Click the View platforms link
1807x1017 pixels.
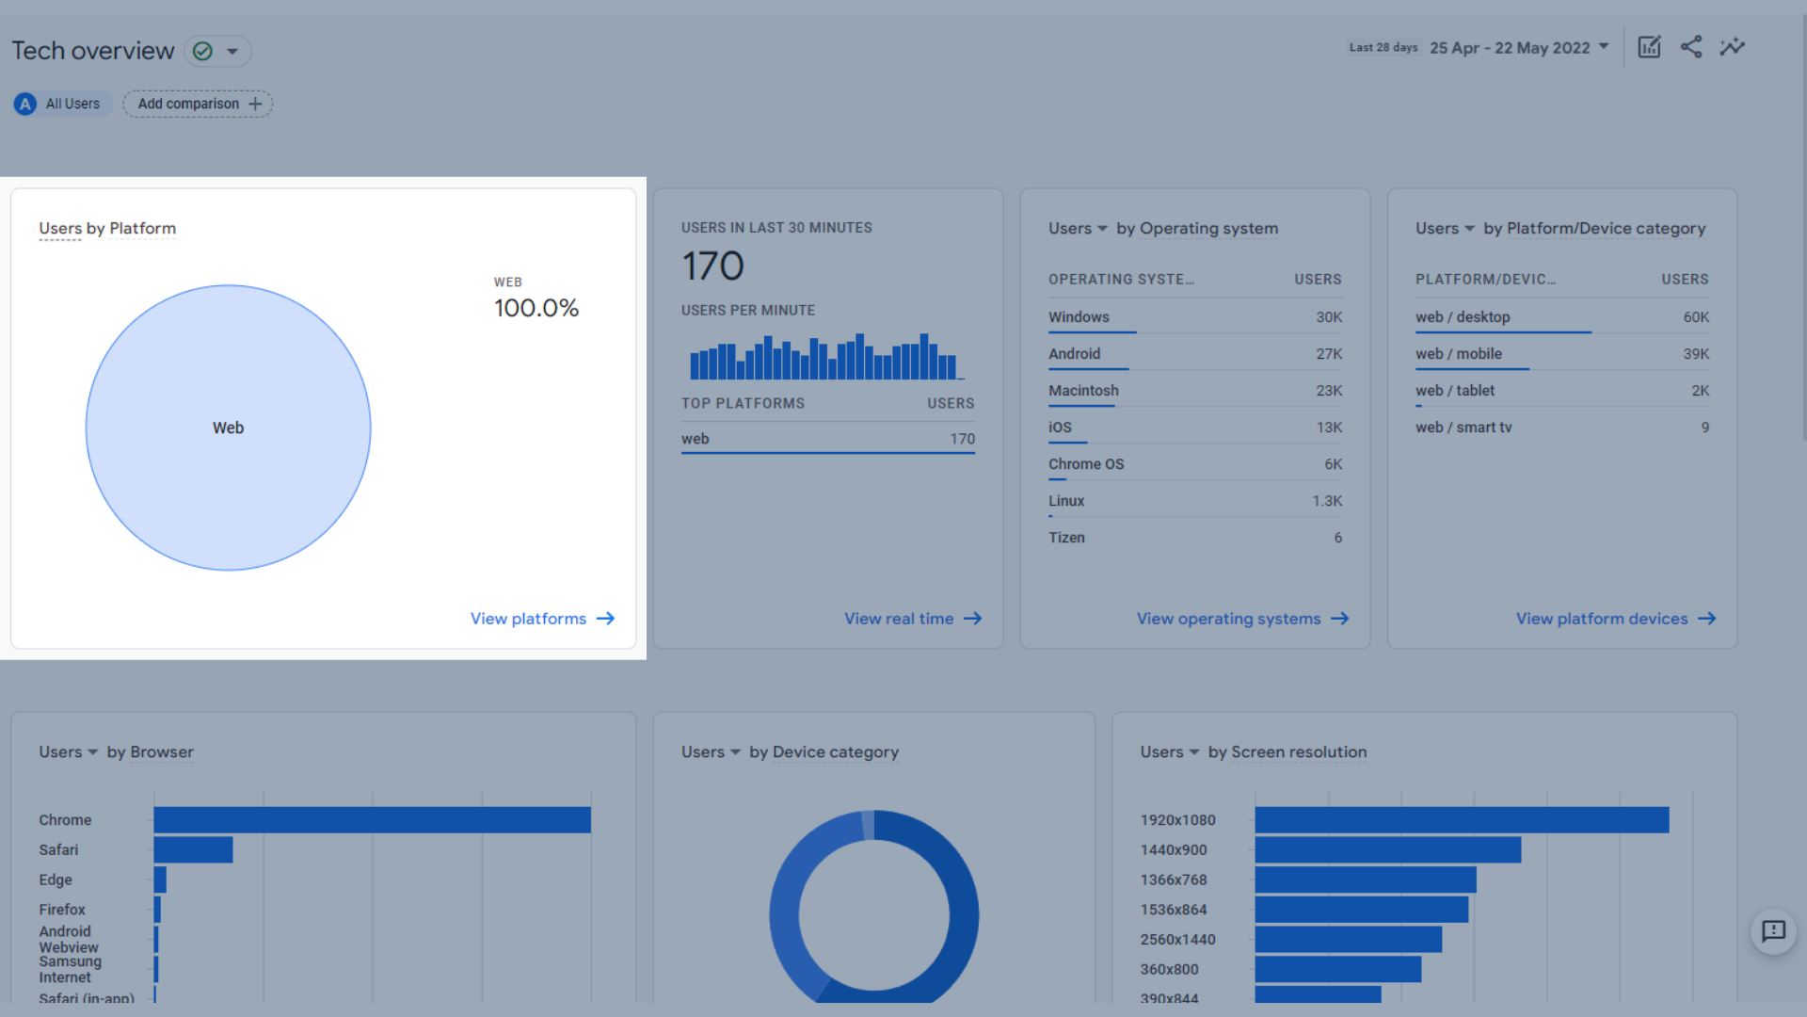(541, 619)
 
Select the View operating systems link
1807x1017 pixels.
(1241, 619)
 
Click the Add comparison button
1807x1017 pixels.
(198, 104)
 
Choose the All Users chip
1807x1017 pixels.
(62, 104)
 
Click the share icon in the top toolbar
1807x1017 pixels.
(1691, 47)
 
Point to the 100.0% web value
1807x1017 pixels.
(536, 308)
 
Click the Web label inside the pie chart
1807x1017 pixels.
(228, 428)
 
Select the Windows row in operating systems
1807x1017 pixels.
(1079, 317)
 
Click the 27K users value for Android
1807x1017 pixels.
(1328, 354)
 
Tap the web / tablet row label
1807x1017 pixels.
(1454, 391)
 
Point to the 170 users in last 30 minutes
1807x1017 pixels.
(712, 266)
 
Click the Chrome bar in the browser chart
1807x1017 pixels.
(372, 820)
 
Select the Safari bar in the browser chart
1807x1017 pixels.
(193, 849)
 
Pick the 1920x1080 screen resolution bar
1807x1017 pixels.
(1461, 820)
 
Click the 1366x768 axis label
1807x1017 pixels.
(1173, 880)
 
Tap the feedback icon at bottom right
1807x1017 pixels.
(1773, 931)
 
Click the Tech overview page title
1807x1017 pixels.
(93, 51)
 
